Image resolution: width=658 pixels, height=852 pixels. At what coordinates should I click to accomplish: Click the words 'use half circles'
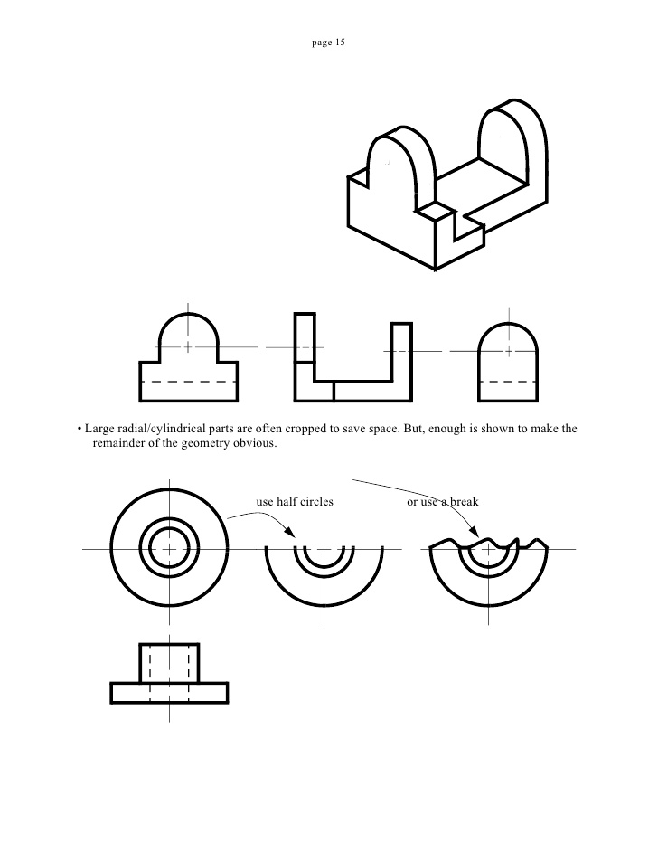295,502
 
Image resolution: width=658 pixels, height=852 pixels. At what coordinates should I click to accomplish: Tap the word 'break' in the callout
465,502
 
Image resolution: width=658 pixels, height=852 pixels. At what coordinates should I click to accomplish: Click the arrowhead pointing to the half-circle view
289,532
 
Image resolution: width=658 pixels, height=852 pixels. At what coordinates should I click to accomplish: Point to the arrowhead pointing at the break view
473,532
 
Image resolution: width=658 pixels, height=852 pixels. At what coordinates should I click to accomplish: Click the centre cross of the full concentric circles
169,549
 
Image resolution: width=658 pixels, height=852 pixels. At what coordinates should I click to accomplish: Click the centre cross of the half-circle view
324,549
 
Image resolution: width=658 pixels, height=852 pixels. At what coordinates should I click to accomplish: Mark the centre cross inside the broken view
488,550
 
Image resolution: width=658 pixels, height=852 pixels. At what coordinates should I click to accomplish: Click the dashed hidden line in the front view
188,382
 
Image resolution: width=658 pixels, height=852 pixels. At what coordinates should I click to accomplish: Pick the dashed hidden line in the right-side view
508,382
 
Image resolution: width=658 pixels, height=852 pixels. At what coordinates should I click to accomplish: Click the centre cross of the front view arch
188,346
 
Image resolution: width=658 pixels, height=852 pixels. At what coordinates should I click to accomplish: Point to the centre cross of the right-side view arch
509,352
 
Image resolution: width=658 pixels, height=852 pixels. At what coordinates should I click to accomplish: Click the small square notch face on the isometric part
436,210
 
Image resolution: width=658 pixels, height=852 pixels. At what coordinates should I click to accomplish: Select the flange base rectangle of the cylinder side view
169,693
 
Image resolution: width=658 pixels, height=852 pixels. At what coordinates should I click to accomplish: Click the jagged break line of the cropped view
487,543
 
